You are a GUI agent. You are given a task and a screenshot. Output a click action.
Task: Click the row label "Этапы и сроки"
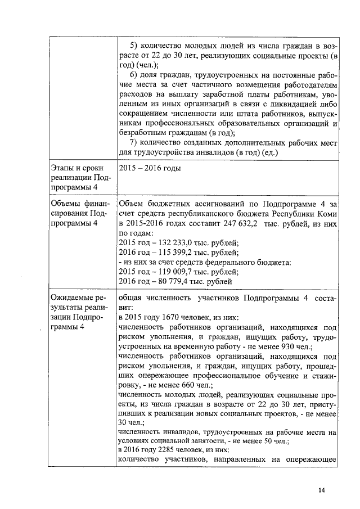79,169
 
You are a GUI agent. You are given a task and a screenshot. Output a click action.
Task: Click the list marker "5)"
134,44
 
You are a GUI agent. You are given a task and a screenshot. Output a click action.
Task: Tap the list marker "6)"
134,75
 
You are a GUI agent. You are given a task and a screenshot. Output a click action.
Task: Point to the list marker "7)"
134,142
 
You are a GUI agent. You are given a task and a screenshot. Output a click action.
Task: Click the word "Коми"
327,214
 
